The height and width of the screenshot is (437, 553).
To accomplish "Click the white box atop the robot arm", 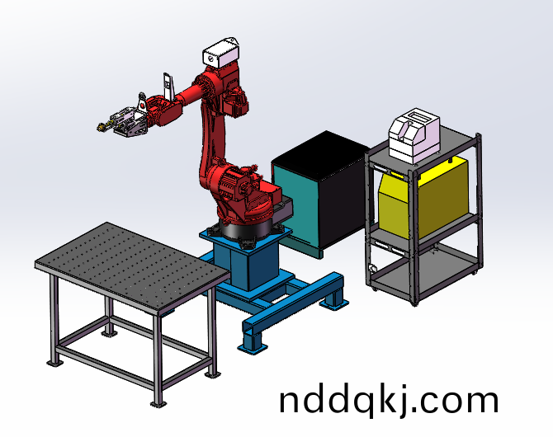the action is coord(221,52).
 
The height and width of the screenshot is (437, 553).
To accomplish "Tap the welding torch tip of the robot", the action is coord(100,128).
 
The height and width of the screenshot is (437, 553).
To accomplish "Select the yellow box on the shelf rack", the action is coord(423,198).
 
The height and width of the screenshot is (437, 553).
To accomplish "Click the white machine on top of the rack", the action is coord(414,135).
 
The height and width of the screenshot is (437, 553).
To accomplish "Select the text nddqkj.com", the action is coord(389,401).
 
